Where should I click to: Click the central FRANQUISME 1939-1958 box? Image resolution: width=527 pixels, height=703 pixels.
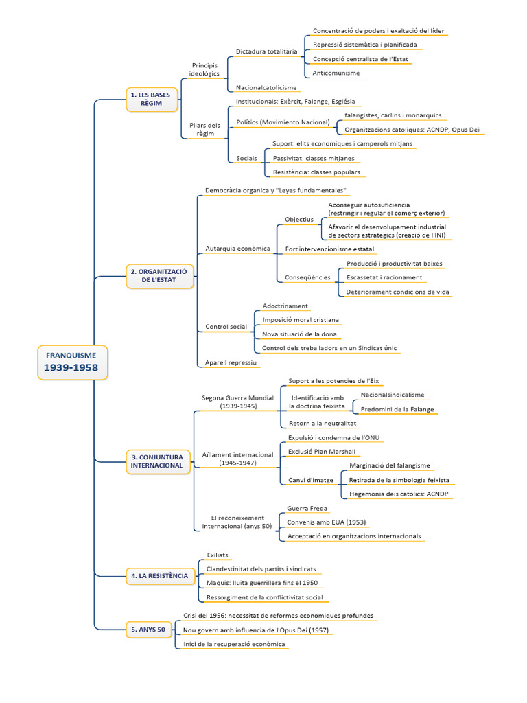tap(71, 362)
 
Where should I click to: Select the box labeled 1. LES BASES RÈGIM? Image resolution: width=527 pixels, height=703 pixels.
tap(152, 99)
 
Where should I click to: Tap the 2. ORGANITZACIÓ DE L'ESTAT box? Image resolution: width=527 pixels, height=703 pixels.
tap(160, 276)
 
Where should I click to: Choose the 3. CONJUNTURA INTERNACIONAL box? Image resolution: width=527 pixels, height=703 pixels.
tap(157, 461)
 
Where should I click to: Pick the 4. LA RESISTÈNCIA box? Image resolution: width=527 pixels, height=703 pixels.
tap(159, 575)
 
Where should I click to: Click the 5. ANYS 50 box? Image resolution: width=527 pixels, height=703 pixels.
tap(148, 629)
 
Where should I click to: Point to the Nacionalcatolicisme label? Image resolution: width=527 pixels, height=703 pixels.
tap(266, 88)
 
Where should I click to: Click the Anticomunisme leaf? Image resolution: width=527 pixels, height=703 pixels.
tap(336, 73)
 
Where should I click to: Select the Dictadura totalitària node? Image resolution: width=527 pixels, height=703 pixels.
tap(266, 51)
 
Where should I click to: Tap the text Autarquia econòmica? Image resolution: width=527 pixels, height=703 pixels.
tap(237, 249)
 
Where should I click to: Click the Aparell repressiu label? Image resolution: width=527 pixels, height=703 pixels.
tap(231, 362)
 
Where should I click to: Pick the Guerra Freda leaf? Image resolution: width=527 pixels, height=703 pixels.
tap(307, 509)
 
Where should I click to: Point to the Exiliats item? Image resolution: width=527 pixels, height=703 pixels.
tap(218, 555)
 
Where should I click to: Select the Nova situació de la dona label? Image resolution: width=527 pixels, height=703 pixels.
tap(296, 334)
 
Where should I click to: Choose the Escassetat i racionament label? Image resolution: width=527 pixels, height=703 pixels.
tap(384, 277)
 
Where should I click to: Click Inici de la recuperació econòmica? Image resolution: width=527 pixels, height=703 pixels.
tap(234, 644)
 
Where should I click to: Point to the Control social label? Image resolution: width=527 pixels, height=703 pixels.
tap(226, 327)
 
